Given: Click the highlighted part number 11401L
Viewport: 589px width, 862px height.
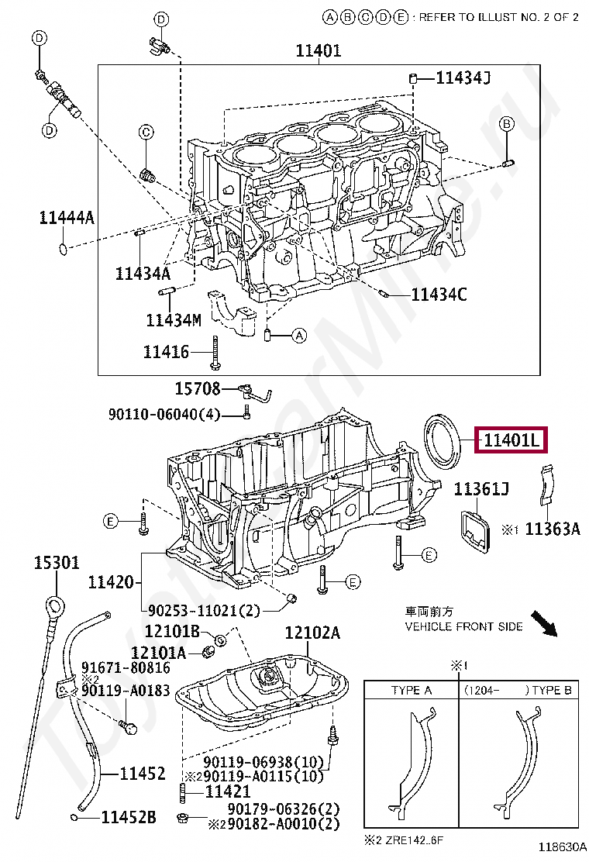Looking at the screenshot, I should click(511, 440).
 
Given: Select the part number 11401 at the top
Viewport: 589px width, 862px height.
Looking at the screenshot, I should click(318, 52).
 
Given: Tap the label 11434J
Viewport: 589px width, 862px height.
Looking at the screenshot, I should click(463, 78).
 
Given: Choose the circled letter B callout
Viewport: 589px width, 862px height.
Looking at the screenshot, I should click(506, 124).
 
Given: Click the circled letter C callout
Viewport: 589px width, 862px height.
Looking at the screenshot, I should click(145, 133).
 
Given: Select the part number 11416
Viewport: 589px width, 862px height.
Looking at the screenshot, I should click(166, 351).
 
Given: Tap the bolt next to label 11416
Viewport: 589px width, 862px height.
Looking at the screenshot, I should click(214, 354).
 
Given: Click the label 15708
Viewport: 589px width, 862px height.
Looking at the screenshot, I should click(197, 388).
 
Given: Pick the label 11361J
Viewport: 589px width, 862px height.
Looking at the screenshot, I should click(481, 489).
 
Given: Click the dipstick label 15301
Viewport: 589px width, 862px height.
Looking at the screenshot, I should click(56, 562).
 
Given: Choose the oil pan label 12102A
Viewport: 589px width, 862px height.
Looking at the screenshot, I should click(312, 633).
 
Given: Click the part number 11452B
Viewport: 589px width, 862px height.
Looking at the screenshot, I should click(129, 816).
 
